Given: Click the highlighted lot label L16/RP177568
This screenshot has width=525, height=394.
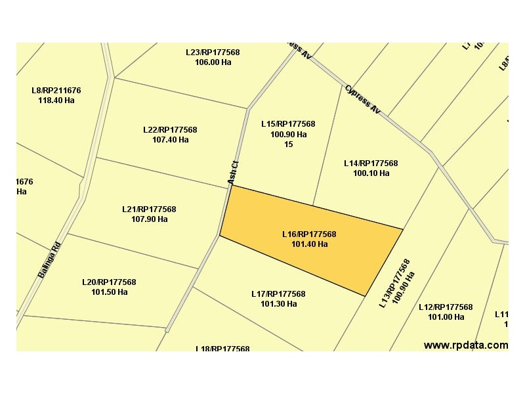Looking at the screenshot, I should point(309,234).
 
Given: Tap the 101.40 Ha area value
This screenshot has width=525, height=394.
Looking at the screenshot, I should point(309,244).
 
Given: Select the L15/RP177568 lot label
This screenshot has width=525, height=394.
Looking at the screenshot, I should point(288,124).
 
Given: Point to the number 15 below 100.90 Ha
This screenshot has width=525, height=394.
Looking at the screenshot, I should point(288,144).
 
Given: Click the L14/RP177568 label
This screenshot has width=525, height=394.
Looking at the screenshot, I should point(371,164).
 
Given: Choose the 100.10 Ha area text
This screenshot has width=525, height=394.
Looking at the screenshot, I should point(371,173).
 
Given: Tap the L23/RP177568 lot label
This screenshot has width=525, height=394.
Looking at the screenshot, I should point(213,53).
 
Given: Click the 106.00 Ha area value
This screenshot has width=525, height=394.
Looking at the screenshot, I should point(213,62).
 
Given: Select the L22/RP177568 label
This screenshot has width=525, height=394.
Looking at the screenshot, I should point(170,130).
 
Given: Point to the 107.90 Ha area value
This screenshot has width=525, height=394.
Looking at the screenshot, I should point(149,219).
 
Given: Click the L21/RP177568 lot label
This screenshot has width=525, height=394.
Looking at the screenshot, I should point(149,209).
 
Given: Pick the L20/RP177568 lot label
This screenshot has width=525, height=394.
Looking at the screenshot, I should point(109,282).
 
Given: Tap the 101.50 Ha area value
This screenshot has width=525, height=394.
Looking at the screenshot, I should point(109,292).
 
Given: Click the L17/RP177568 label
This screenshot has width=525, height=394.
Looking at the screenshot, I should point(278,294).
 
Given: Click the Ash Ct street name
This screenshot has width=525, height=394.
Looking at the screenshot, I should point(232,173).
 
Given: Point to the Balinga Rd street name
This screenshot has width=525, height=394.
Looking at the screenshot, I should point(49,259).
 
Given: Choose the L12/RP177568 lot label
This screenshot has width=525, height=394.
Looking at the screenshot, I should point(446,307).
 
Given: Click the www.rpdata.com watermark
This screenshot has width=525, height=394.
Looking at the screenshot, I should point(465,345).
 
